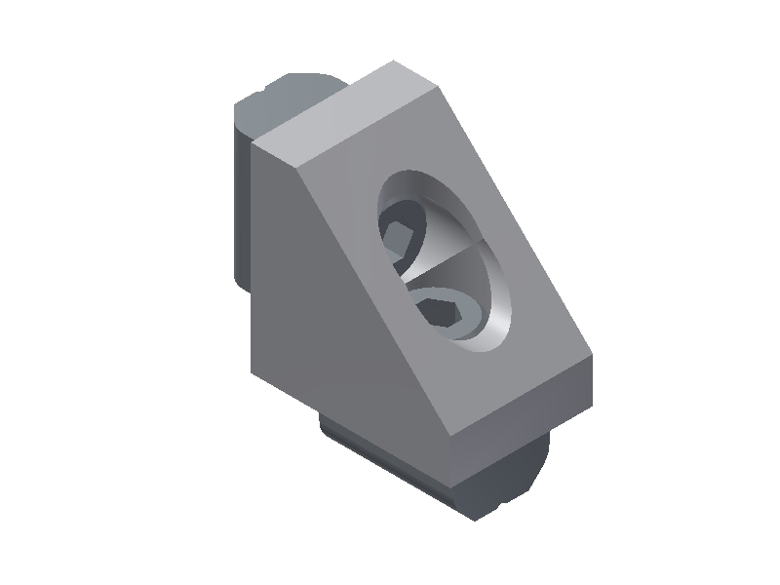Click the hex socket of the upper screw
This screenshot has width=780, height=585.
(x=401, y=237)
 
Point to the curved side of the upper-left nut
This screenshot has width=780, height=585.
(x=242, y=195)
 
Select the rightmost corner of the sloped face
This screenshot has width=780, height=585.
(x=594, y=361)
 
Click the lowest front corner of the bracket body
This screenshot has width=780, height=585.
(x=449, y=433)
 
